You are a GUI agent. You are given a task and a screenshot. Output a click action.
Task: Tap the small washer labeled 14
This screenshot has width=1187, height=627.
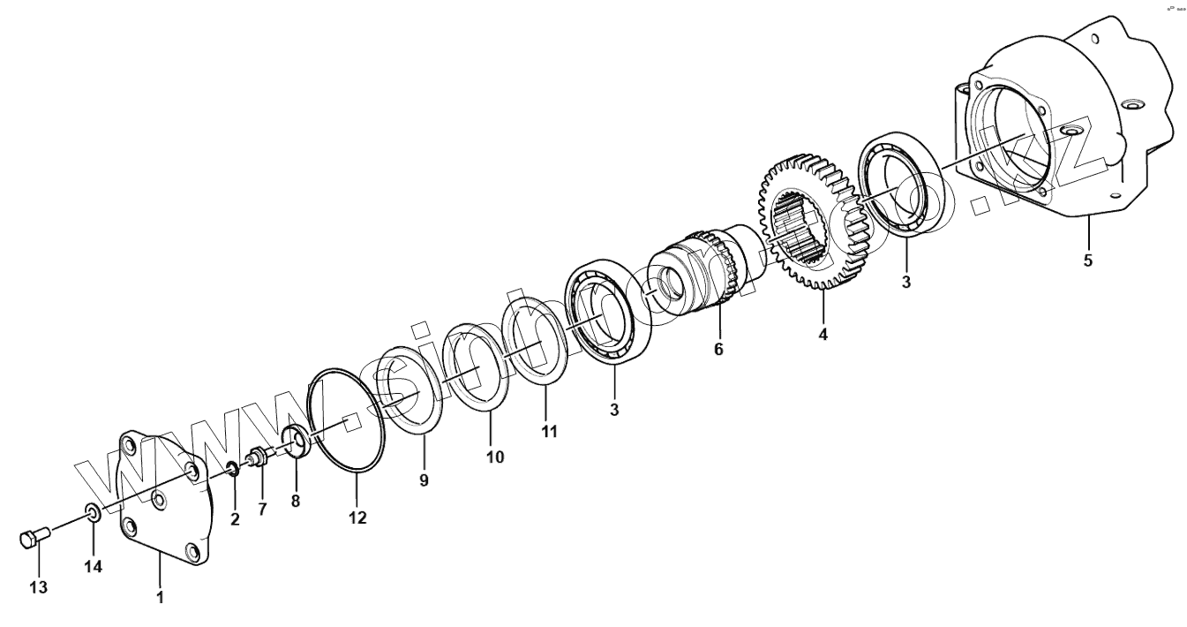pos(92,511)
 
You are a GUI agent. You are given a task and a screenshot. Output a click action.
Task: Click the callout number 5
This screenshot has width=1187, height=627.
pos(1087,261)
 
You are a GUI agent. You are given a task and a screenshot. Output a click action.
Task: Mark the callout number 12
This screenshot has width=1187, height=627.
pos(357,518)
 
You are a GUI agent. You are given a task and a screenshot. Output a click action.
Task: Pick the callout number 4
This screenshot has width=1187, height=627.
pos(823,335)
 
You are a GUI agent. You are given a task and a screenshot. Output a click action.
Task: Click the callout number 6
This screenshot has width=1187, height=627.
pos(718,349)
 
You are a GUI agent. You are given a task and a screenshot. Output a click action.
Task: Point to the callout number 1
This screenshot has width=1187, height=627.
pos(160,597)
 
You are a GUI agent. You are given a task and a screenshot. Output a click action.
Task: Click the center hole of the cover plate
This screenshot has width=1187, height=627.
pos(159,501)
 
